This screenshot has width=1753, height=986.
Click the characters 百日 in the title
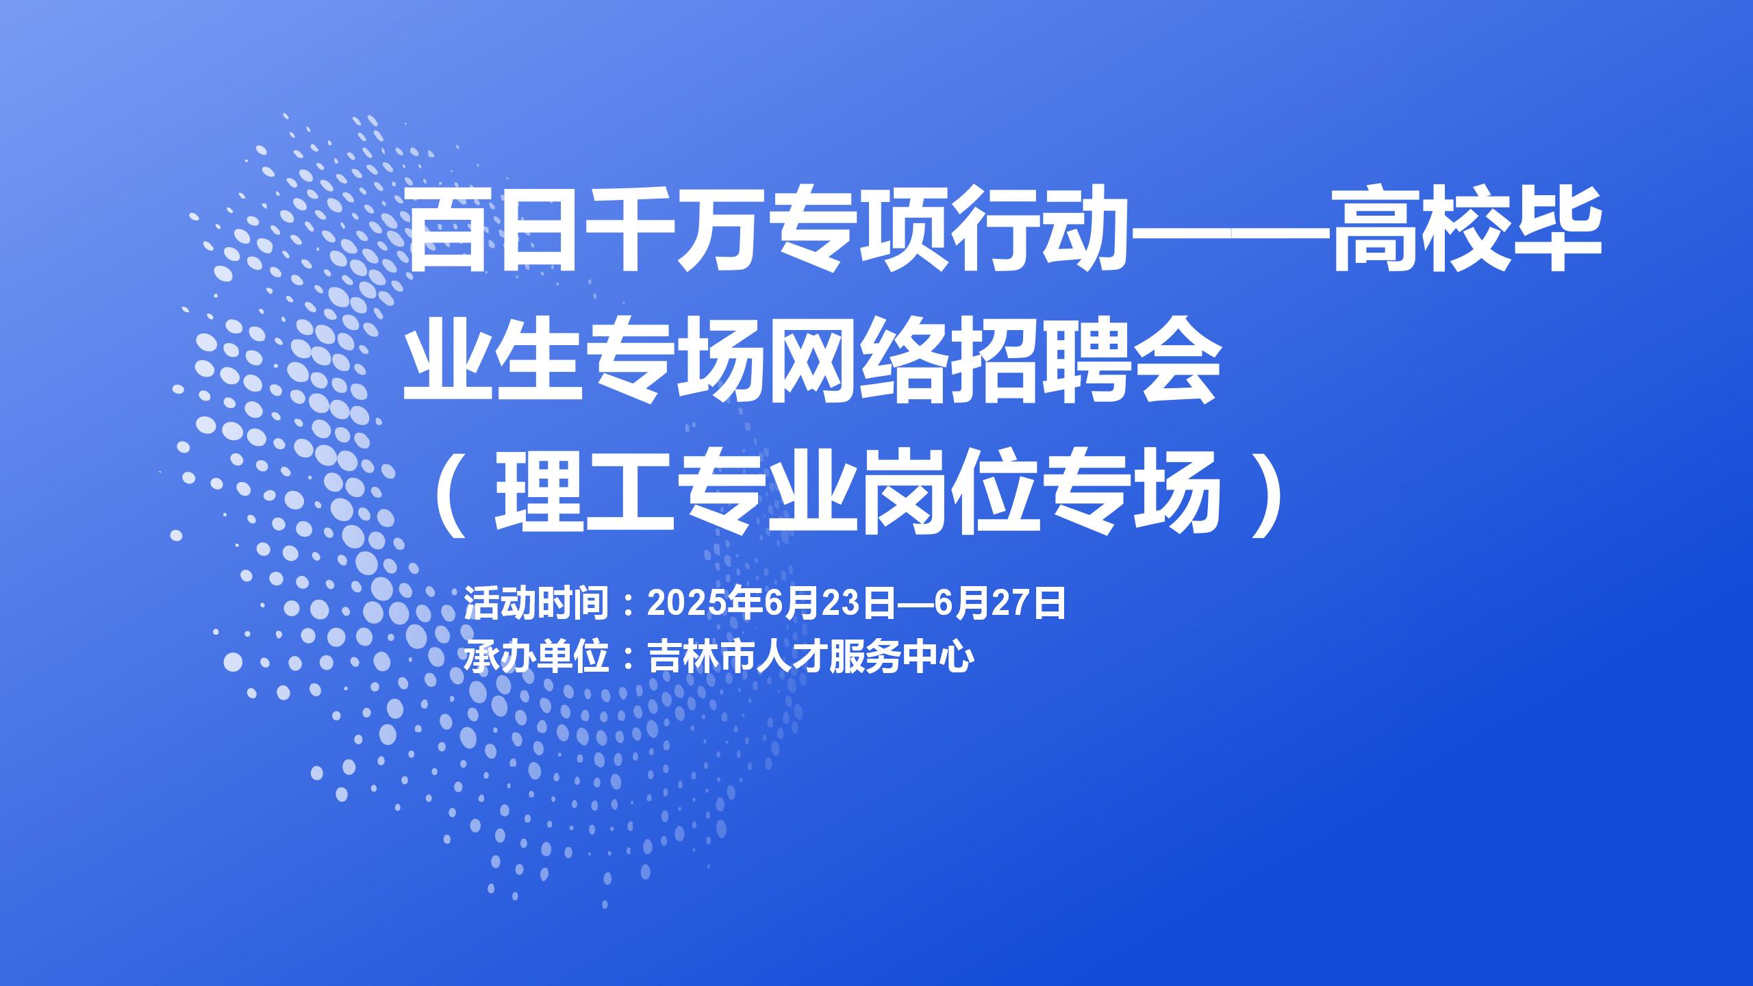pos(499,230)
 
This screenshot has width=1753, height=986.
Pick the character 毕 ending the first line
pos(1557,230)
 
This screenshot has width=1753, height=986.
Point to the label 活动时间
pos(537,603)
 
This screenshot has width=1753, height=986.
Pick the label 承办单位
pos(537,657)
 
